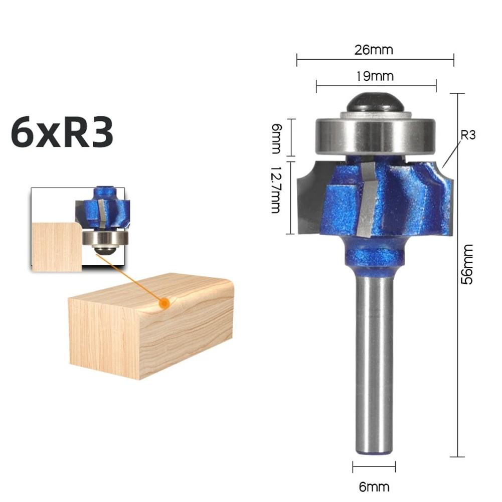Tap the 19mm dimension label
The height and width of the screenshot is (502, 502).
tap(375, 76)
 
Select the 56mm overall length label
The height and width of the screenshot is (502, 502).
tap(467, 264)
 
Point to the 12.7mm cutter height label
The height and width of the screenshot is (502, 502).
tap(275, 190)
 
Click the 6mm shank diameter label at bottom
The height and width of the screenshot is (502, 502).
tap(374, 486)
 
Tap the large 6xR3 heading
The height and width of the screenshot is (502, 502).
tap(62, 133)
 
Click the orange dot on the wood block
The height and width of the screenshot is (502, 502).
tap(163, 303)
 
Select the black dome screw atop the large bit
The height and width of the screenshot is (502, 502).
tap(375, 103)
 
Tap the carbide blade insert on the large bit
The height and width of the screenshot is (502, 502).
tap(368, 201)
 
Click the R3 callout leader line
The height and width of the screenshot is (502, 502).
tap(451, 154)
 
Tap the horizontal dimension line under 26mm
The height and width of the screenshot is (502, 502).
tap(375, 60)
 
